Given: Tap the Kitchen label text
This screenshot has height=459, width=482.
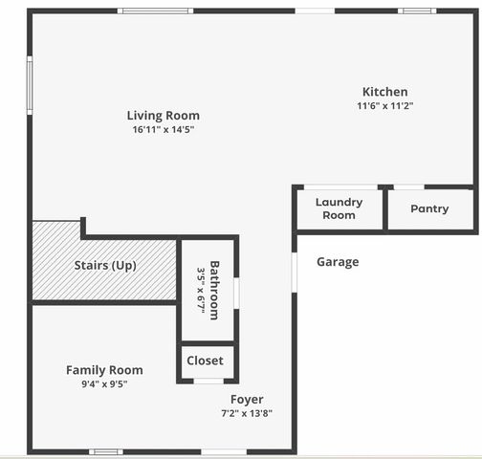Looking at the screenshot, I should (384, 92).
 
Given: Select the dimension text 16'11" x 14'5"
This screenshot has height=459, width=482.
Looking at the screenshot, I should (164, 129).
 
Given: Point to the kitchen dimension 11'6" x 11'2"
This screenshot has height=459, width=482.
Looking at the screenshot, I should (384, 105).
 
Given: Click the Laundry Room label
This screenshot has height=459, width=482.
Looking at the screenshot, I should (339, 208).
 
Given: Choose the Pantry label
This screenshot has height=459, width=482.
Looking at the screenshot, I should (429, 208).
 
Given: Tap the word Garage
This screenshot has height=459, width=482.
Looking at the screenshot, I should (338, 262).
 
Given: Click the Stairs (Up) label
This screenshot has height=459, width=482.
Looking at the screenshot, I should (105, 265).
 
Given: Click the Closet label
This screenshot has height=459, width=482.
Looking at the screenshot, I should (205, 361).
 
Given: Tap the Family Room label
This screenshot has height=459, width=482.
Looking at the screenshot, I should (104, 370).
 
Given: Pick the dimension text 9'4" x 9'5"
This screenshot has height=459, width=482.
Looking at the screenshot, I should (104, 383).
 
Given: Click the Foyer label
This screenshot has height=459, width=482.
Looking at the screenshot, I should (247, 400).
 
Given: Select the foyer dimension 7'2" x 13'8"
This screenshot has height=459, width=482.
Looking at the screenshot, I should (247, 413).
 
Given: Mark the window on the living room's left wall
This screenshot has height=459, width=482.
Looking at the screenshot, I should (30, 86).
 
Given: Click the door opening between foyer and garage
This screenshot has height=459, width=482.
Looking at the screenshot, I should (294, 272).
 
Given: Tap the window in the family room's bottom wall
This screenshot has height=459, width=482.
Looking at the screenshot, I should (106, 451).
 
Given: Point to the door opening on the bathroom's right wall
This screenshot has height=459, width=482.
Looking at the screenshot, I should (236, 291).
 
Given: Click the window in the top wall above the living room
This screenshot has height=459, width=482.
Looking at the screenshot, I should (159, 11).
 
